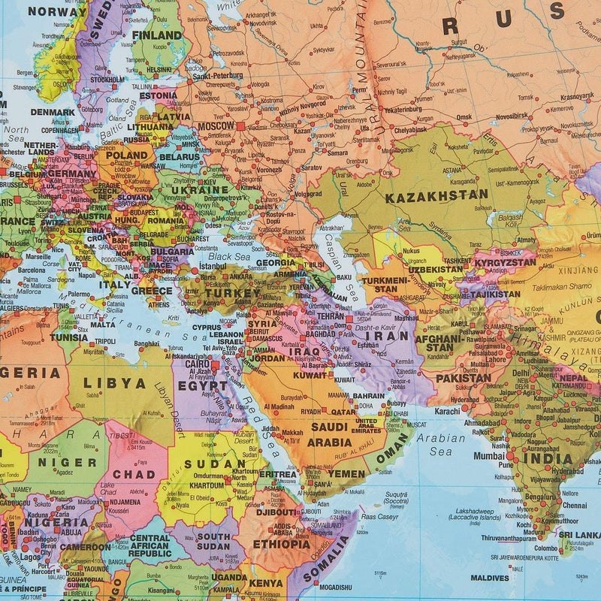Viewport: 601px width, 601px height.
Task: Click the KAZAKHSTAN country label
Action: click(436, 196)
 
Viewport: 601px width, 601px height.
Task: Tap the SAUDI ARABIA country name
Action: click(329, 435)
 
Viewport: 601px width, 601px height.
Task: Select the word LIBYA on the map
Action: click(114, 382)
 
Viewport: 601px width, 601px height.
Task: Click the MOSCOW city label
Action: click(216, 126)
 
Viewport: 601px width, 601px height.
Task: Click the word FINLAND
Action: click(157, 35)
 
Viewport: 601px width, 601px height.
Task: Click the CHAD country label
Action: click(134, 474)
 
